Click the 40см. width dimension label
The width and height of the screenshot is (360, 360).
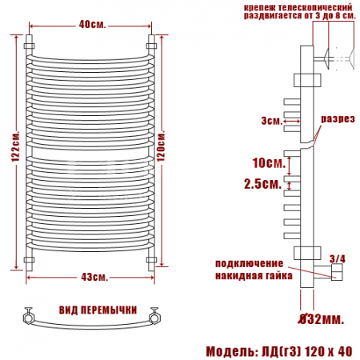coord(92,25)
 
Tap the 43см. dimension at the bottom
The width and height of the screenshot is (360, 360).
coord(94,277)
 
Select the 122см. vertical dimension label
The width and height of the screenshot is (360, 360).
coord(16,146)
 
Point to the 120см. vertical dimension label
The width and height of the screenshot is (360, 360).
coord(161,146)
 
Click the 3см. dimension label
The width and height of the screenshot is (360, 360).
coord(272,121)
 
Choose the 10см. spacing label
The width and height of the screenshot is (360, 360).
coord(269,162)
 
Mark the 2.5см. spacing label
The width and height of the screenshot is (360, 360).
coord(263,184)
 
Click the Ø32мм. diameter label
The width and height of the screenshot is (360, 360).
coord(321,319)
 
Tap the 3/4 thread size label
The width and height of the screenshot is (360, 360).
coord(337,258)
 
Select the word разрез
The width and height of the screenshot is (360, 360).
coord(338,119)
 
